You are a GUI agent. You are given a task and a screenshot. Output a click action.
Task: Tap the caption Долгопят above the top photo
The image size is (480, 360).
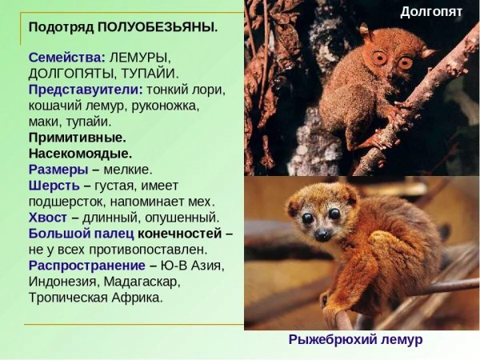[x=431, y=11]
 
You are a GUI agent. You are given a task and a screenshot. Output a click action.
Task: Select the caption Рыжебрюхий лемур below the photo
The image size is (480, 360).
[x=355, y=340]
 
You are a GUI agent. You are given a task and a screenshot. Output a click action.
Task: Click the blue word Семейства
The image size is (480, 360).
[x=66, y=58]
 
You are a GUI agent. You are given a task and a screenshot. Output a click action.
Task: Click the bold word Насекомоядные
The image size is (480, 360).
[x=80, y=153]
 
